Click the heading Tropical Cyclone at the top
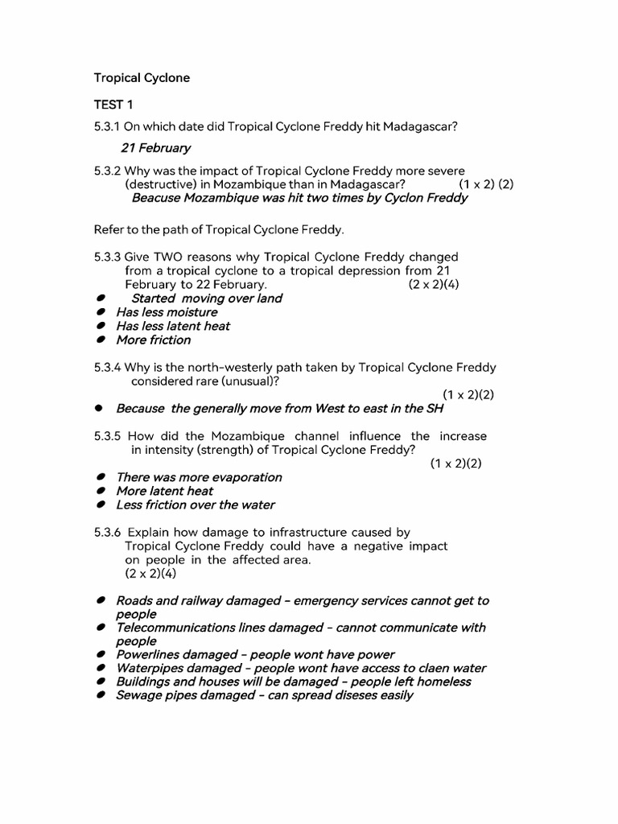tap(142, 78)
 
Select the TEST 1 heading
tap(109, 105)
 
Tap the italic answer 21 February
tap(155, 147)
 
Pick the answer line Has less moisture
tap(167, 312)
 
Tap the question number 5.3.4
tap(107, 367)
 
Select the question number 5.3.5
tap(107, 436)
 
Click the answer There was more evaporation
tap(199, 477)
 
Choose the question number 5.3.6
tap(107, 532)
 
